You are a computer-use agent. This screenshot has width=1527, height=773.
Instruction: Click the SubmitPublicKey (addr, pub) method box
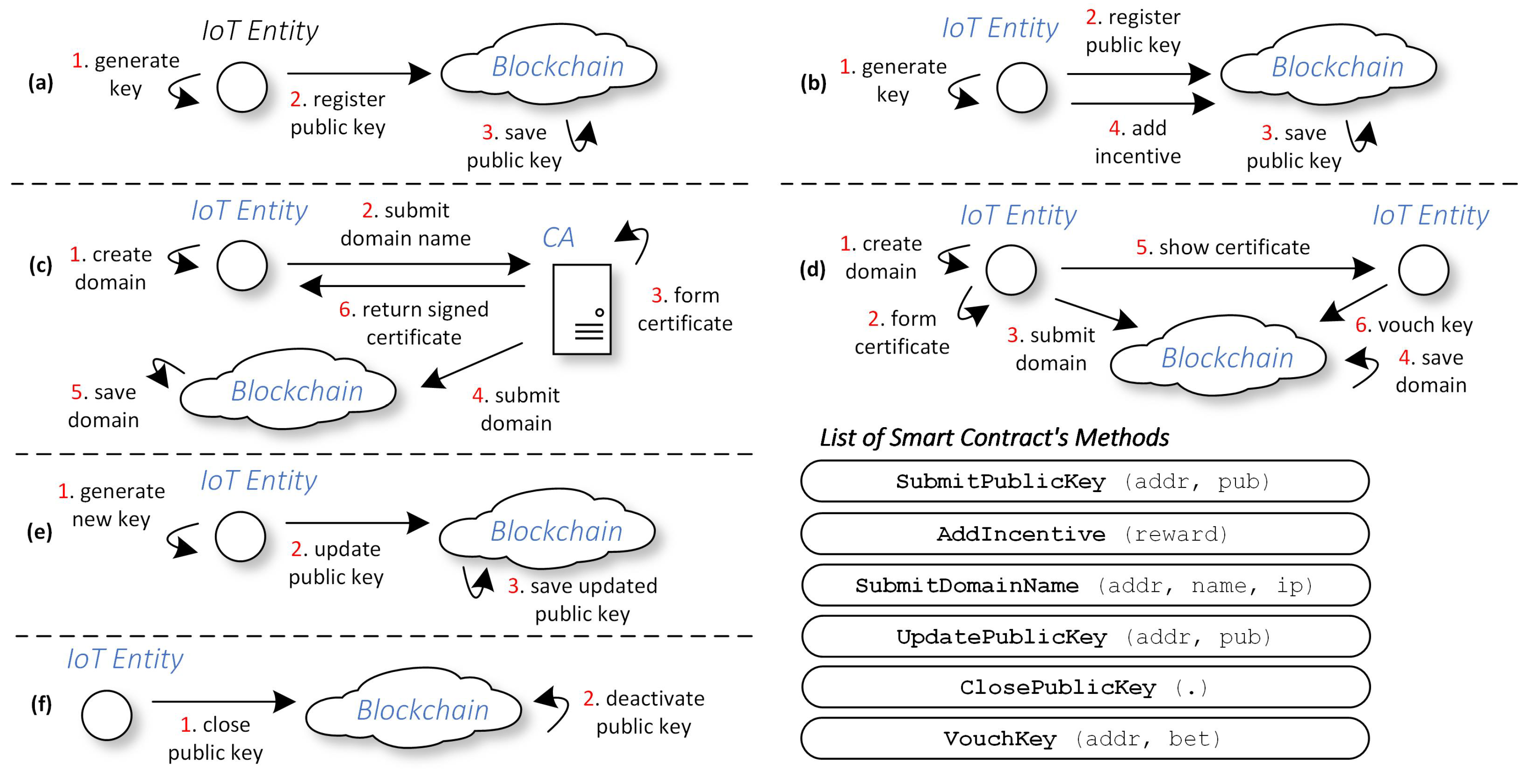[x=1084, y=481]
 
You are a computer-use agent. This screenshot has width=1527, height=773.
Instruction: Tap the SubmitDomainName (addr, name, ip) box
[x=1084, y=585]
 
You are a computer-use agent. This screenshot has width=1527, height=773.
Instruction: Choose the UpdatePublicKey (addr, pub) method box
[x=1084, y=637]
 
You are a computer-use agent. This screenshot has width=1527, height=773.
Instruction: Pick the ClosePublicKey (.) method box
[x=1084, y=687]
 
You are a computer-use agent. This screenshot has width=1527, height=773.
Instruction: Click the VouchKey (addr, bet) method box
[x=1084, y=739]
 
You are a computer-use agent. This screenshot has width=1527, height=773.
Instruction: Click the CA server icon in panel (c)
[x=581, y=309]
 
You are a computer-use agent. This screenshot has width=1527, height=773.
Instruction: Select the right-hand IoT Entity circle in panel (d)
[x=1423, y=270]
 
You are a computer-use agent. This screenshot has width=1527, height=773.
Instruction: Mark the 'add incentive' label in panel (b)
[x=1137, y=142]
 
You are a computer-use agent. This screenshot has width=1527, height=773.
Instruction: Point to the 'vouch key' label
[x=1414, y=325]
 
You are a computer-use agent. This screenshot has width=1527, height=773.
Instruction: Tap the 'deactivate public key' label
[x=644, y=712]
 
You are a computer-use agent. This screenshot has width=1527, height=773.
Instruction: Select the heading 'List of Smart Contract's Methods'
[x=994, y=437]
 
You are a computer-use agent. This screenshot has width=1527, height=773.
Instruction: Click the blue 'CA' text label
[x=558, y=237]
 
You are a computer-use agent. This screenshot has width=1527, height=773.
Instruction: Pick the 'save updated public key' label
[x=582, y=600]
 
